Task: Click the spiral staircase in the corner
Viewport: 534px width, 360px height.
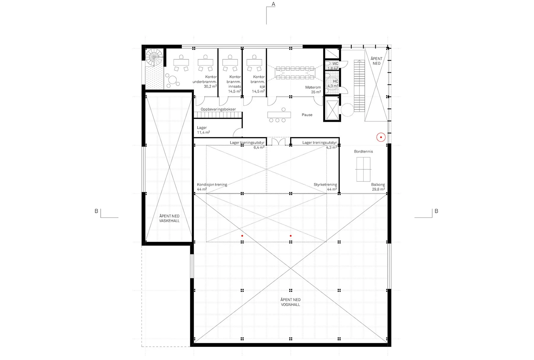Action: tap(154, 58)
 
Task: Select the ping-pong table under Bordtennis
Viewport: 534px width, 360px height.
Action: tap(363, 169)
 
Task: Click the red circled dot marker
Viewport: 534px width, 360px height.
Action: tap(381, 137)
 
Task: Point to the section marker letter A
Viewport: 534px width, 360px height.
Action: tap(274, 4)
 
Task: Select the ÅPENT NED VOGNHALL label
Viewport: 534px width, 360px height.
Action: tap(290, 302)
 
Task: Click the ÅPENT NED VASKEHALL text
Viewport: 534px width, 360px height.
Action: tap(169, 218)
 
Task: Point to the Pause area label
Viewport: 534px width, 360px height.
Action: tap(307, 115)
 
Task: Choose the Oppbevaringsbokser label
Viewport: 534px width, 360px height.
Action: tap(218, 109)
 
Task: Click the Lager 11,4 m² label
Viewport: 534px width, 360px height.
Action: tap(203, 130)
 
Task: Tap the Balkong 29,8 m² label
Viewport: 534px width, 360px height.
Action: tap(378, 187)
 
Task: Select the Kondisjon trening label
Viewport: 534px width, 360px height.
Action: tap(212, 187)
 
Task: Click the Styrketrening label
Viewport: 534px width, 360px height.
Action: tap(325, 187)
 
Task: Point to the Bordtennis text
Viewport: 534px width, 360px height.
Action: tap(363, 151)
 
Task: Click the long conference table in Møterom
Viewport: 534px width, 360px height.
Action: tap(295, 73)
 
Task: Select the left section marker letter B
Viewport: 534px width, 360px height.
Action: tap(96, 211)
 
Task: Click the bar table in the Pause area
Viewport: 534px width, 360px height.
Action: tap(279, 115)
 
